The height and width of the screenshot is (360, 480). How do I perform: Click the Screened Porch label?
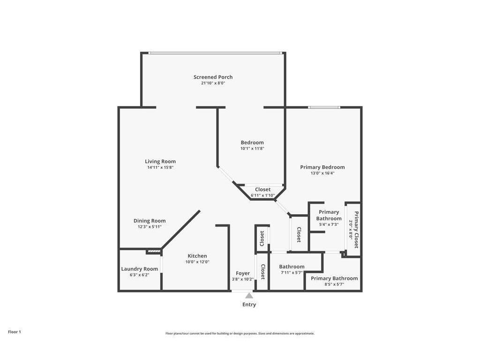click(x=213, y=77)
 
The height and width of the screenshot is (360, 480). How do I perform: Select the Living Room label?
click(x=160, y=161)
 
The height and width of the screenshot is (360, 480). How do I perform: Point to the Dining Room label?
click(x=150, y=221)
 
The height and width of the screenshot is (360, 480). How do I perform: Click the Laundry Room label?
click(x=139, y=269)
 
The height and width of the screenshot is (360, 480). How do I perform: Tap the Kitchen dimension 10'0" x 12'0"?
click(x=197, y=262)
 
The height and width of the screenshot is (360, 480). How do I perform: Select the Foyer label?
click(x=243, y=273)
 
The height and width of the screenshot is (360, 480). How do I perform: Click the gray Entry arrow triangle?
click(x=249, y=296)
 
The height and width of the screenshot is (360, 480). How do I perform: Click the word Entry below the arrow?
click(x=249, y=305)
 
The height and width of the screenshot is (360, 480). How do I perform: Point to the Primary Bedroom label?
click(x=322, y=167)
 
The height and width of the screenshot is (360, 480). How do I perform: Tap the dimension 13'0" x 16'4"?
click(x=322, y=173)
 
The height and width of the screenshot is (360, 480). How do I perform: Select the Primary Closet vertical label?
click(x=356, y=230)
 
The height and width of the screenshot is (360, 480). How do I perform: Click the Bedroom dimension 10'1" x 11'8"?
click(x=252, y=149)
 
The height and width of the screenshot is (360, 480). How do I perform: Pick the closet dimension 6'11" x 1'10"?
click(x=262, y=195)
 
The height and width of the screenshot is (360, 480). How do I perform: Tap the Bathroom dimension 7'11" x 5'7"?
click(x=292, y=272)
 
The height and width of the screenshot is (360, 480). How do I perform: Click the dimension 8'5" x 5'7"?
click(x=334, y=284)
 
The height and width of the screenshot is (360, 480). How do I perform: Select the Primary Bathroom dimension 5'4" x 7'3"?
click(x=329, y=225)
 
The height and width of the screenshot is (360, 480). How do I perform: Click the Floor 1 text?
click(x=15, y=332)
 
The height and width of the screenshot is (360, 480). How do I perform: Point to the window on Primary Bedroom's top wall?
click(x=324, y=107)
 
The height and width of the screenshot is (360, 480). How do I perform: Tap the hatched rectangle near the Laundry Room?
click(x=153, y=252)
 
